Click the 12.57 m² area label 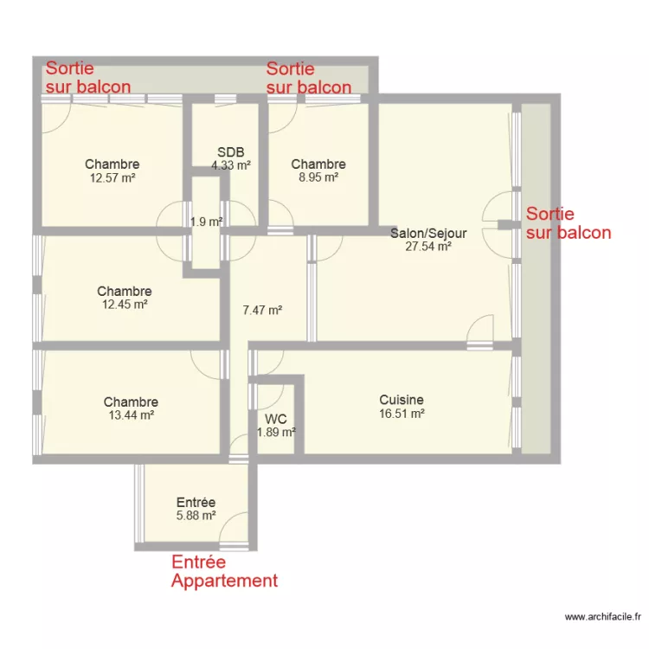click(x=112, y=177)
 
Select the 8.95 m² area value click(x=318, y=177)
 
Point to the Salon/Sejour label click(x=428, y=233)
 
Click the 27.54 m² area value click(x=428, y=246)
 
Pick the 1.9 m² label click(x=206, y=222)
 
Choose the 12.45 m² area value click(x=124, y=305)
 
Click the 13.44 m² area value click(x=131, y=415)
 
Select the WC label click(x=276, y=420)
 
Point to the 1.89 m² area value click(x=277, y=432)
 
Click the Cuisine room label click(x=402, y=400)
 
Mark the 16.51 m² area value click(x=402, y=414)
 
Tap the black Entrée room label click(x=196, y=502)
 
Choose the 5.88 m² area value click(x=196, y=516)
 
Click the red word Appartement click(x=224, y=581)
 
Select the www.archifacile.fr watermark click(x=603, y=618)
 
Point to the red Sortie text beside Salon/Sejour click(x=550, y=214)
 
